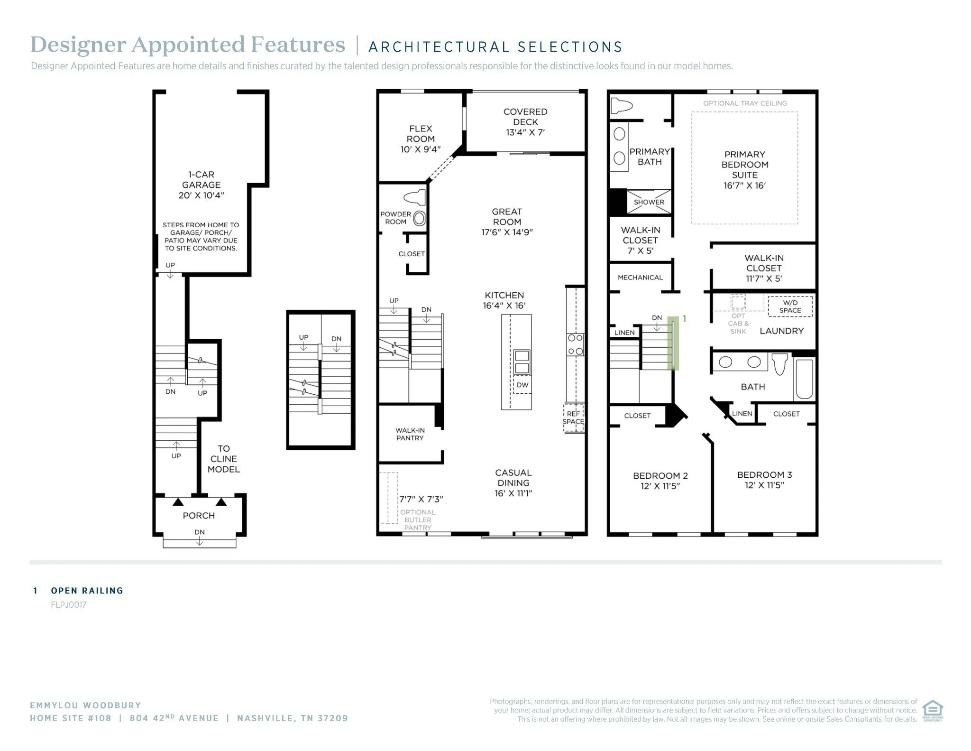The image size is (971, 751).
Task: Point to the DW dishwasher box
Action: (522, 385)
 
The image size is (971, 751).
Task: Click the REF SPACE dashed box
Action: (573, 417)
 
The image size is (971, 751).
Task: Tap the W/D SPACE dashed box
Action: (790, 306)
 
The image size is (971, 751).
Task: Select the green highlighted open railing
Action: (673, 343)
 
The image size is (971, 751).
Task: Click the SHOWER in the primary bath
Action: (649, 202)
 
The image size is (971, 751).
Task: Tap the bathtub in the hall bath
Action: (804, 379)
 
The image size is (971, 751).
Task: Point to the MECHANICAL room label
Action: (640, 278)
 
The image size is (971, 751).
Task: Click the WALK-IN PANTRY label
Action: (410, 434)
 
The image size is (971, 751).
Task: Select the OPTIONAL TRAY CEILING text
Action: (745, 103)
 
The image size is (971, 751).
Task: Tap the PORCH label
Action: (199, 515)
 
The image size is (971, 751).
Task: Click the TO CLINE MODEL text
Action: (223, 459)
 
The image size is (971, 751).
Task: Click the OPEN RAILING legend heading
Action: (87, 591)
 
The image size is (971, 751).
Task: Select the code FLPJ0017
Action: (69, 605)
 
